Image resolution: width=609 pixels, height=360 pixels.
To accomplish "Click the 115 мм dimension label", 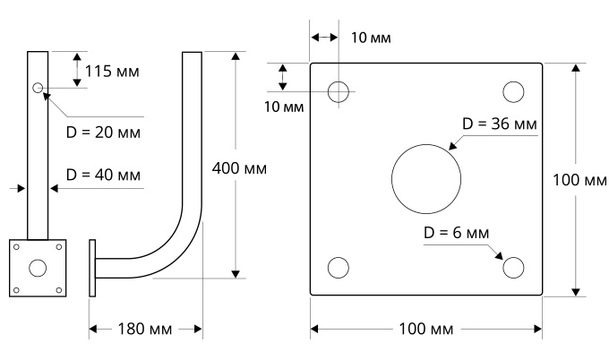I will tap(113, 70).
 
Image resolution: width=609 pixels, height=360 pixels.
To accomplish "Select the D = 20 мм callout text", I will tap(105, 132).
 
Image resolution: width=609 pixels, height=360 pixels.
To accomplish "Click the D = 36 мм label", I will tap(500, 124).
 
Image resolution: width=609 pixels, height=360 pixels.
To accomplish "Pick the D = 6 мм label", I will tap(457, 233).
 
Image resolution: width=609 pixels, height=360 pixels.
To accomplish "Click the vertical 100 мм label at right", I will tap(579, 180).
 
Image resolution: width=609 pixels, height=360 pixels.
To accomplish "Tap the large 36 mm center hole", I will tap(425, 177).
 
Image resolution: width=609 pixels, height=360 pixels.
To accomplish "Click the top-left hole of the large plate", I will tap(339, 91).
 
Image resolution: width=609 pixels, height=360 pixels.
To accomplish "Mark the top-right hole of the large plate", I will tap(513, 91).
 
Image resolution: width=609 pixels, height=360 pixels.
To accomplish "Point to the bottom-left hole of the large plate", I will tap(339, 267).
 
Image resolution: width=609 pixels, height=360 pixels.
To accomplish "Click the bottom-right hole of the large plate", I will tap(513, 267).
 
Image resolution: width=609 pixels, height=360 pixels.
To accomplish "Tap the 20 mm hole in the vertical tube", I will tap(38, 88).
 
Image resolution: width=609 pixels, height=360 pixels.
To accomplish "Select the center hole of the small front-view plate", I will tap(38, 267).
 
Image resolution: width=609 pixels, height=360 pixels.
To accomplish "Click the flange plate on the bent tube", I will tap(92, 267).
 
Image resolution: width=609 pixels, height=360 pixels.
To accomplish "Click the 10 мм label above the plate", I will tap(371, 38).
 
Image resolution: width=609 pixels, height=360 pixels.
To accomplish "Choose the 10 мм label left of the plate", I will tap(285, 107).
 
